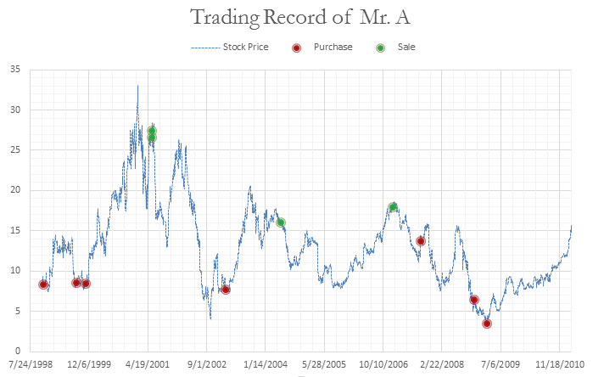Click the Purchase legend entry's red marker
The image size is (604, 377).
[x=295, y=48]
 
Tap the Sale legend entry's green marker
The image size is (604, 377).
[x=380, y=48]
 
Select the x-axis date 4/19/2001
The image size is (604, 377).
[x=148, y=363]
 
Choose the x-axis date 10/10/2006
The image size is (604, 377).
[x=383, y=363]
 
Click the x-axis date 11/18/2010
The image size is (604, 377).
[x=559, y=363]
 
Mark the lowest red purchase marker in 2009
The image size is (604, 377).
[x=487, y=324]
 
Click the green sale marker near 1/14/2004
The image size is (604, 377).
[x=281, y=222]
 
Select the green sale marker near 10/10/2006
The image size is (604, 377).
[x=393, y=207]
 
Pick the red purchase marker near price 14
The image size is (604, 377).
[x=421, y=241]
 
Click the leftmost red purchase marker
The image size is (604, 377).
[x=43, y=284]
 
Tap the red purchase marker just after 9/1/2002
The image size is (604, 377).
[x=226, y=290]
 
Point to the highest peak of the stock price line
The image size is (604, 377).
[x=137, y=86]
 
